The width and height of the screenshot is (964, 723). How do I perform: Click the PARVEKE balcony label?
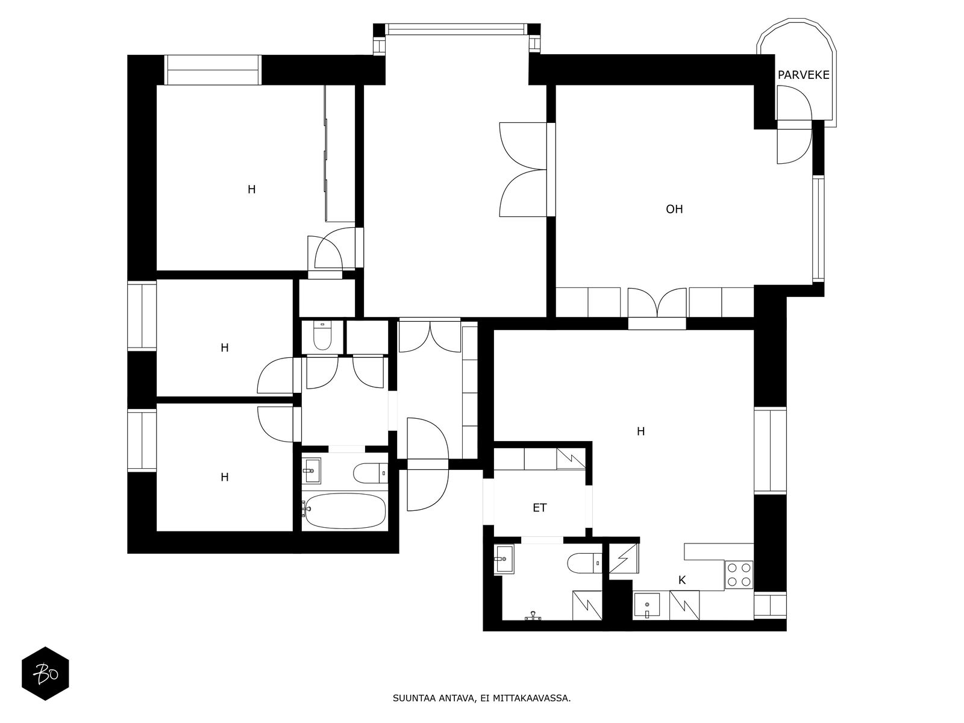[x=803, y=75]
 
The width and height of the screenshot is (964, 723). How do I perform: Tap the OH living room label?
[x=674, y=209]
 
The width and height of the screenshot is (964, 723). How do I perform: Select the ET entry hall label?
[x=539, y=508]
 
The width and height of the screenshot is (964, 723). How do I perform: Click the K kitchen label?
[x=682, y=580]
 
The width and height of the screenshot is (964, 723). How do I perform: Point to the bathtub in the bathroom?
[x=344, y=512]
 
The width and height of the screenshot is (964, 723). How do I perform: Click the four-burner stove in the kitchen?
[x=739, y=574]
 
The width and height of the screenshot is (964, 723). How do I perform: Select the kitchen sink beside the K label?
[x=647, y=605]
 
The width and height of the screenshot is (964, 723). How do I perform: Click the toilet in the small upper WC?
[x=323, y=337]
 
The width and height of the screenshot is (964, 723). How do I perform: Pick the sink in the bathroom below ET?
[x=503, y=559]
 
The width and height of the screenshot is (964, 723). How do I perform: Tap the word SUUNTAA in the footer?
[x=412, y=700]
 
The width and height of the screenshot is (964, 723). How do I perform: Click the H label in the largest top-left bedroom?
[x=251, y=189]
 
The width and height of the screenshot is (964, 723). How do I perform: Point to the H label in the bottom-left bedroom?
[x=224, y=477]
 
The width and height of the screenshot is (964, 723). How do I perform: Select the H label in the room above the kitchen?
[x=640, y=431]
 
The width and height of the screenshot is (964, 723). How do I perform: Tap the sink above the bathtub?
[x=311, y=471]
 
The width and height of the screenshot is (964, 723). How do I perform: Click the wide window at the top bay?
[x=456, y=29]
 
